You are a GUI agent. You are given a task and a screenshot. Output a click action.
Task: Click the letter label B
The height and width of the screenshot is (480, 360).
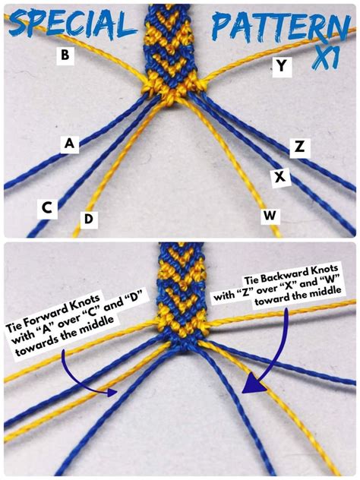[x=65, y=55]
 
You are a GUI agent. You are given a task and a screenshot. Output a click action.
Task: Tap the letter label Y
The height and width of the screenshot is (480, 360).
[x=282, y=65]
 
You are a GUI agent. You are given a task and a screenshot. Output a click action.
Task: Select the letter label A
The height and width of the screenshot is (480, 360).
[x=70, y=144]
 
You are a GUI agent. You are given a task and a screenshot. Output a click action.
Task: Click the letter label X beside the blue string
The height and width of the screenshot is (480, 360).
[x=279, y=177]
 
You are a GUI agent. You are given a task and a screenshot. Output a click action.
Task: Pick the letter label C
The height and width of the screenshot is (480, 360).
[x=47, y=208]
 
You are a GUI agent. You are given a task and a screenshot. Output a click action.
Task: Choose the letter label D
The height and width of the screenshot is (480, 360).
[x=89, y=219]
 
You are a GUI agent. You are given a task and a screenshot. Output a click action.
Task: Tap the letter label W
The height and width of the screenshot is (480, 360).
[x=270, y=215]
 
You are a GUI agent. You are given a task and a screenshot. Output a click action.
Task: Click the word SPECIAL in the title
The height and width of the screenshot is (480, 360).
[x=72, y=24]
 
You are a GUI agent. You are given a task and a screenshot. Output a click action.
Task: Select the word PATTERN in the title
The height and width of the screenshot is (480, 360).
[x=281, y=26]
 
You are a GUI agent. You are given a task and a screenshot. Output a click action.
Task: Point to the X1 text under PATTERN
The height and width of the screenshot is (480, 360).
[x=325, y=57]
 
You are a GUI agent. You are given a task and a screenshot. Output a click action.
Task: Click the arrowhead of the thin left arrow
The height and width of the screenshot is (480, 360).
[x=113, y=393]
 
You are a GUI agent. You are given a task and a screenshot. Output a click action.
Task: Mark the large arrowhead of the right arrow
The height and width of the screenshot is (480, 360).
[x=254, y=383]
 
